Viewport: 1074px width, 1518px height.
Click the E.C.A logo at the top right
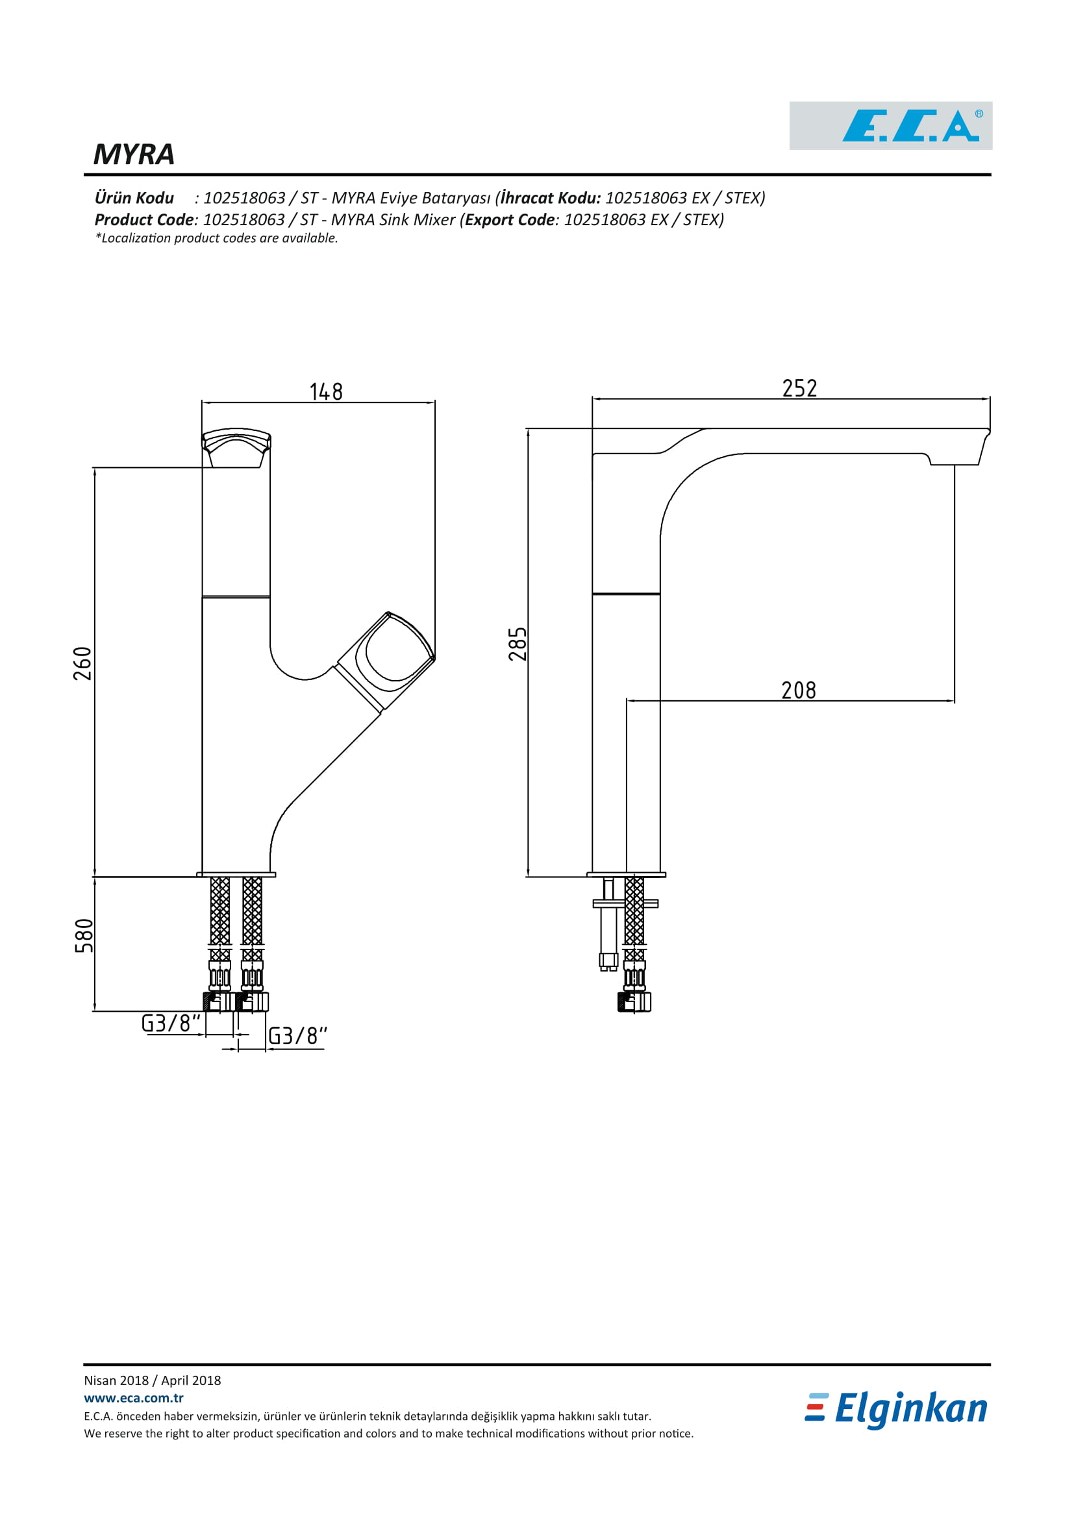(x=890, y=126)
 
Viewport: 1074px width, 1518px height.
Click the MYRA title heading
(x=134, y=154)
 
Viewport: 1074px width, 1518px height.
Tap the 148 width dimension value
(x=326, y=391)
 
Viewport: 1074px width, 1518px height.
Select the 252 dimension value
(x=799, y=388)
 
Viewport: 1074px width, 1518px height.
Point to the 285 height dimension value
(x=518, y=644)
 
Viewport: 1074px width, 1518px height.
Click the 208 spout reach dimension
(x=799, y=691)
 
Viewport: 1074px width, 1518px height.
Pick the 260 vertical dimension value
(x=82, y=664)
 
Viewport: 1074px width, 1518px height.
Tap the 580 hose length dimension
(x=84, y=936)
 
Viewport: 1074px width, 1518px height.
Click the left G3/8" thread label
(x=171, y=1023)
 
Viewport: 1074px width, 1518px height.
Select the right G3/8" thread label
(x=297, y=1035)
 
